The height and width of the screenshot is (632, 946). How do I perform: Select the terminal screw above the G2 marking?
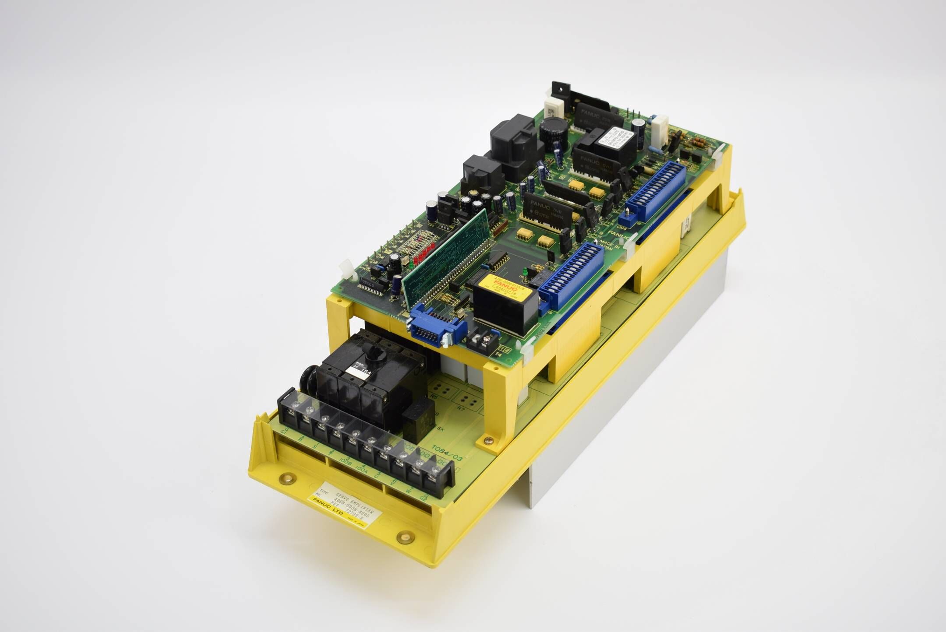click(434, 470)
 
